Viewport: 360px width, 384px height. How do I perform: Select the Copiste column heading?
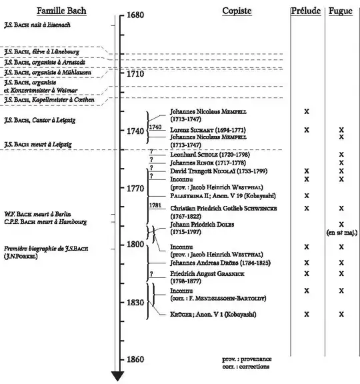pos(237,11)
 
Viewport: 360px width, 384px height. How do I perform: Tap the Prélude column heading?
pos(306,11)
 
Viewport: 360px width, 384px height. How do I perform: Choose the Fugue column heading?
pos(341,11)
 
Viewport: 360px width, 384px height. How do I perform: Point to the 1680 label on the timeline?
pos(135,15)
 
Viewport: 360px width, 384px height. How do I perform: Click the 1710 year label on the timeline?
pos(135,73)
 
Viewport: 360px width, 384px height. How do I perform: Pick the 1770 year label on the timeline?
pos(135,189)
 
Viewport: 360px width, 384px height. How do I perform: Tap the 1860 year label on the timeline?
pos(135,359)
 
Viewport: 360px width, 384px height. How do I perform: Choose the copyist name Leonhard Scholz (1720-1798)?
pos(210,154)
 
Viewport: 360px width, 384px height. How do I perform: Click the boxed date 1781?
pos(155,205)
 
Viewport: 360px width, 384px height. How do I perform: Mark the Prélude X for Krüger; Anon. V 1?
pos(306,313)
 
